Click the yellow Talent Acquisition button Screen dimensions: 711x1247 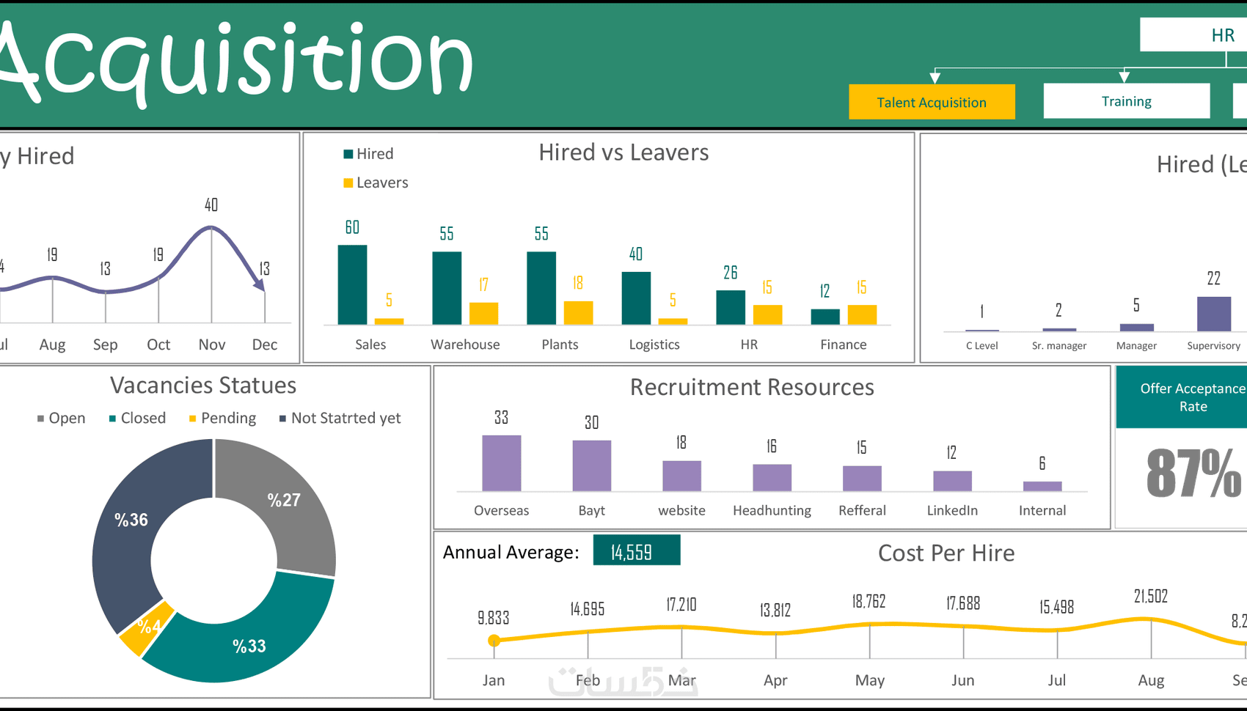point(932,102)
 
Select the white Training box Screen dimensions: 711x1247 point(1126,101)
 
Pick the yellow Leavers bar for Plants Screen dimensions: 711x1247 point(578,312)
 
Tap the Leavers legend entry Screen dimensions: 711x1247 point(376,183)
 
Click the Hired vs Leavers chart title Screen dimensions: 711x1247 point(623,152)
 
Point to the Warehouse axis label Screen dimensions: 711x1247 point(465,345)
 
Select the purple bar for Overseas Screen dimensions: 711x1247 point(501,463)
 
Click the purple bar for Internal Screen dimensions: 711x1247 point(1042,486)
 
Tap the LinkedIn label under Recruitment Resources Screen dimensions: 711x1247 point(951,511)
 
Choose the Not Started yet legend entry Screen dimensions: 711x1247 point(340,419)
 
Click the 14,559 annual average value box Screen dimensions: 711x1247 point(636,551)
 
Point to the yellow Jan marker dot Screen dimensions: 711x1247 point(494,641)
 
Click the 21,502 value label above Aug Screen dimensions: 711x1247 point(1150,597)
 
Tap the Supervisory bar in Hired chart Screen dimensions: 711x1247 point(1213,314)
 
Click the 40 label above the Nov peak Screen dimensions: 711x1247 point(211,205)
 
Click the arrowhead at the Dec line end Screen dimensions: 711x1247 point(260,285)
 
